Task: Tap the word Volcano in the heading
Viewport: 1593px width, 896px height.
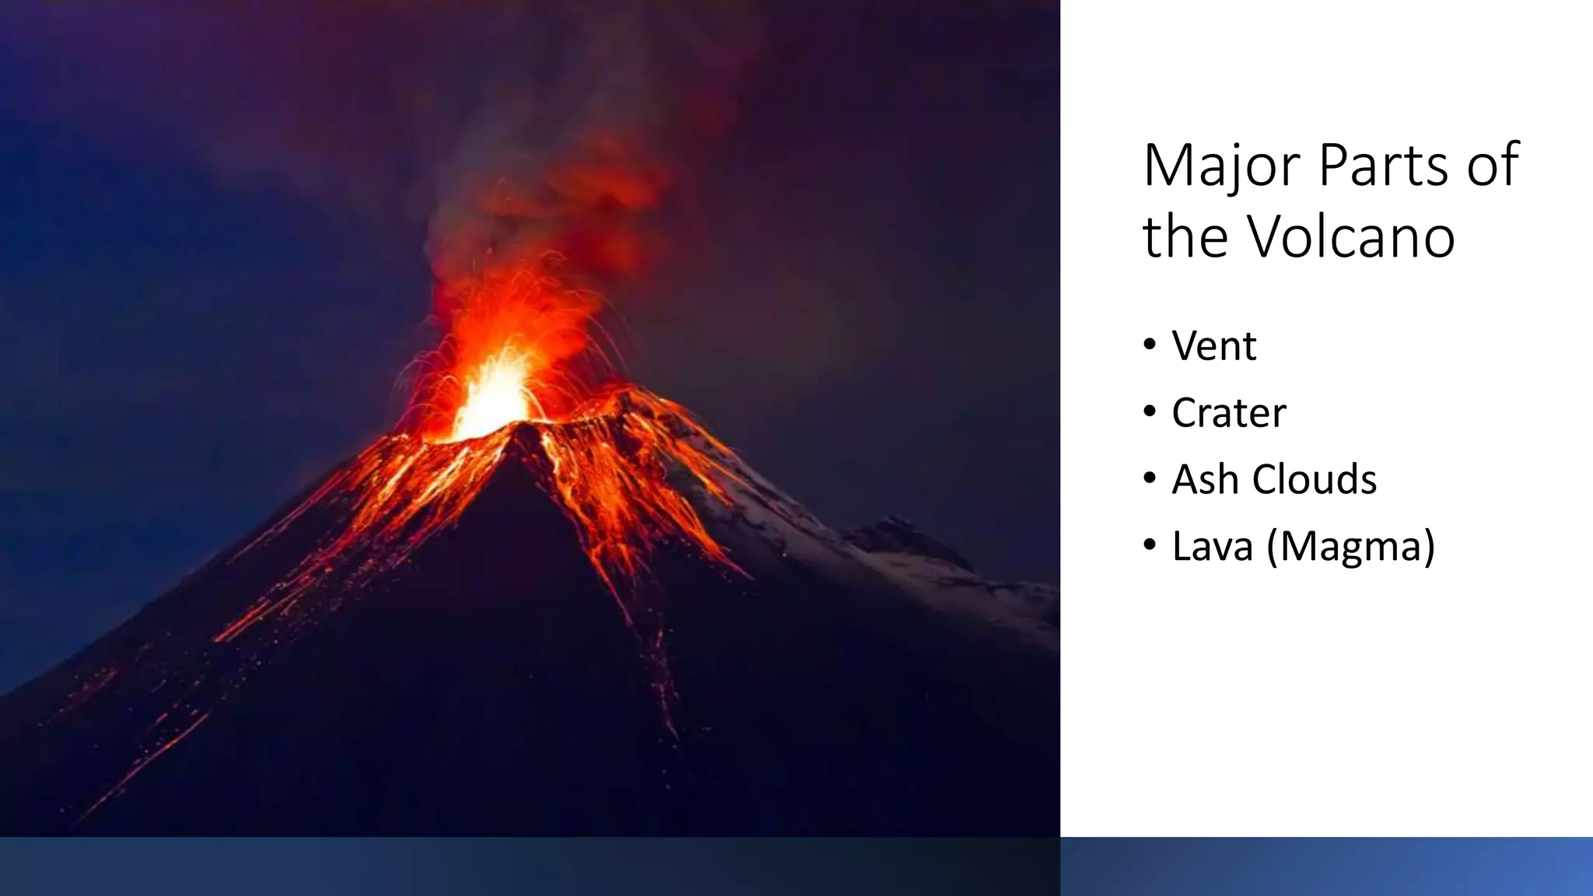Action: (x=1351, y=236)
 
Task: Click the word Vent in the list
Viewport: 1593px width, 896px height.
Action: (x=1213, y=346)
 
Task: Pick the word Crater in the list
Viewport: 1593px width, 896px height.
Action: (x=1228, y=413)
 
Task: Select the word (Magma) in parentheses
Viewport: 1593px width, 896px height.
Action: (x=1350, y=547)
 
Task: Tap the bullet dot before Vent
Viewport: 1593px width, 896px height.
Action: (x=1150, y=345)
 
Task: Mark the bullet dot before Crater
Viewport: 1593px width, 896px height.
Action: (x=1150, y=411)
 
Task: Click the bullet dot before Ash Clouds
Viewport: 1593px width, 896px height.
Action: (x=1150, y=478)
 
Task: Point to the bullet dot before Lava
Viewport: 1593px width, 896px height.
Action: (x=1150, y=545)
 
